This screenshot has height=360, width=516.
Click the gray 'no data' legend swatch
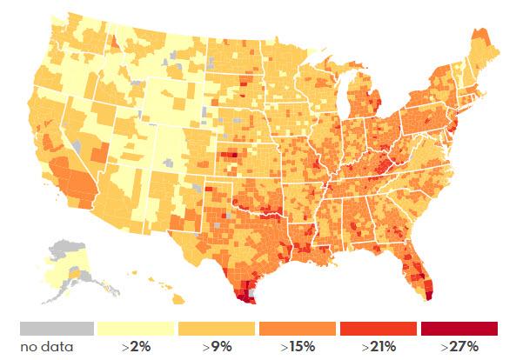point(56,329)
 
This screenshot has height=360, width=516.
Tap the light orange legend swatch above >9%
point(217,329)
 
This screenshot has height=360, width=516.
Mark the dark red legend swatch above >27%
point(459,329)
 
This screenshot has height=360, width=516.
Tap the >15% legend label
point(298,348)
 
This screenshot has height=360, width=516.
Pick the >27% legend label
point(459,348)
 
